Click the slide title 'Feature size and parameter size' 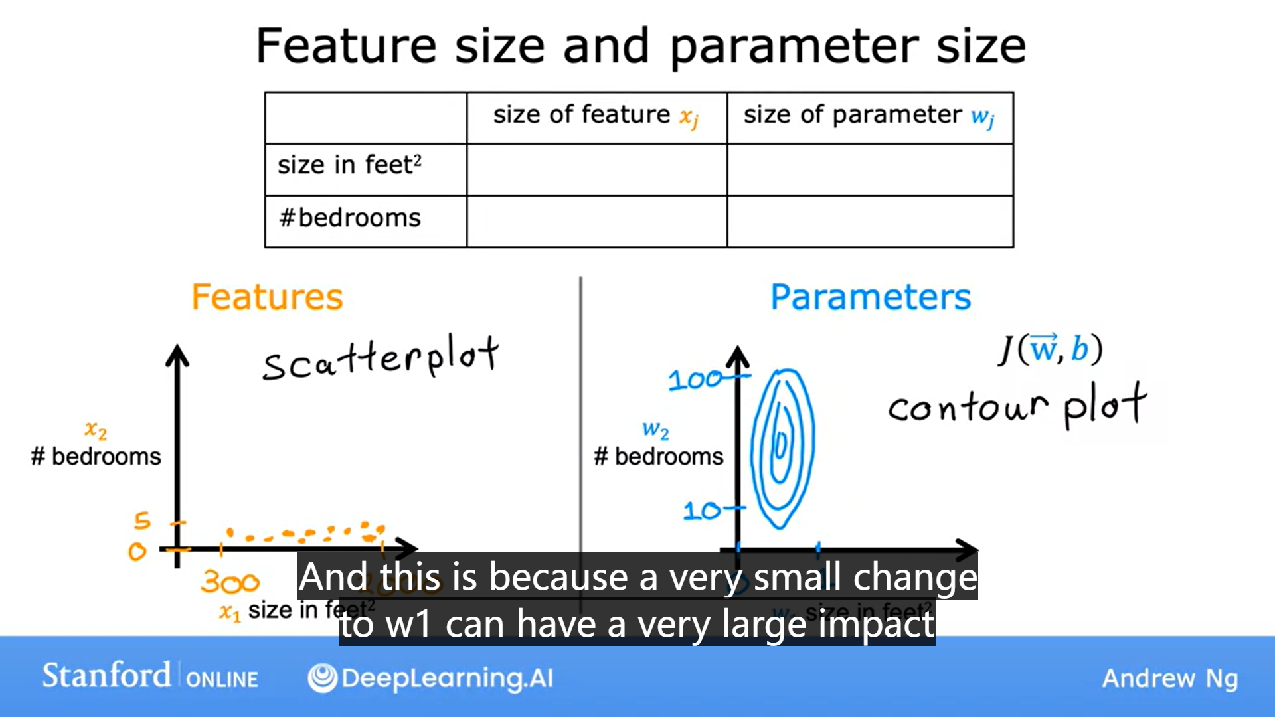pos(641,46)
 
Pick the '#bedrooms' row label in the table pos(350,218)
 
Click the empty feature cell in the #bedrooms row pos(596,222)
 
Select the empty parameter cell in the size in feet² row pos(869,169)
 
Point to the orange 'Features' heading pos(267,297)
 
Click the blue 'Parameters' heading pos(870,297)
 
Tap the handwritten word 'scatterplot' pos(380,358)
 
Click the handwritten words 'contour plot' pos(1016,405)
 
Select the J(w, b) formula pos(1050,349)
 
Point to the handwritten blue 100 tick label pos(695,380)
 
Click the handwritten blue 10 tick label pos(702,511)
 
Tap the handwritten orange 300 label pos(230,583)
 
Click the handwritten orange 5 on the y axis pos(142,520)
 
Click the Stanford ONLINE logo pos(150,677)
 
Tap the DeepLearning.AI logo pos(430,678)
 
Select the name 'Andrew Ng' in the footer pos(1169,678)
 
